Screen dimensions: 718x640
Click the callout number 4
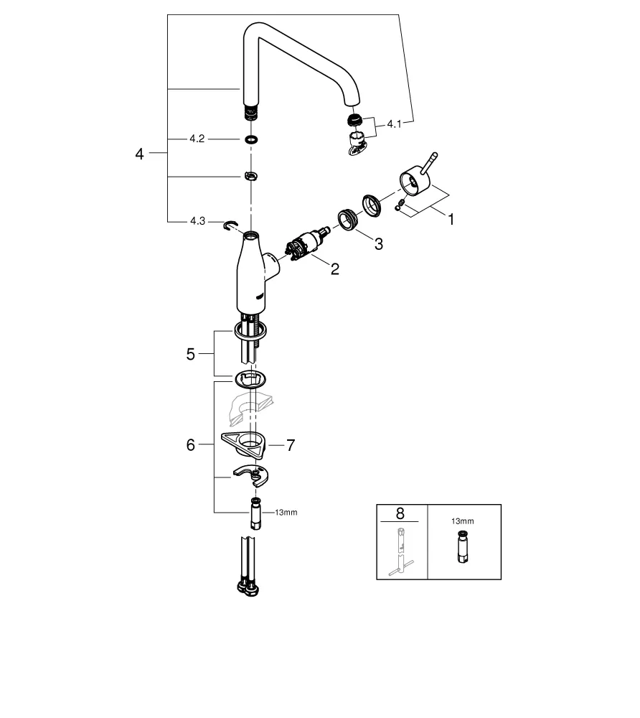(140, 154)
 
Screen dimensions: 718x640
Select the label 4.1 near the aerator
(395, 124)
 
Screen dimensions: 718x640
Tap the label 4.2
(197, 139)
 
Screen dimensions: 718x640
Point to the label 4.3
(197, 222)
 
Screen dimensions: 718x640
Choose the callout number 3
(377, 244)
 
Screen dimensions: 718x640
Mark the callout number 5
(191, 354)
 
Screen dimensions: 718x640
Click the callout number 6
(191, 445)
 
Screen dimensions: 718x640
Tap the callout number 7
(290, 445)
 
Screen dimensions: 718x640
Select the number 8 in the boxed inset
(400, 513)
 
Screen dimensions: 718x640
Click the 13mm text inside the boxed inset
(463, 523)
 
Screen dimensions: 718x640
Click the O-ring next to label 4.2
(250, 139)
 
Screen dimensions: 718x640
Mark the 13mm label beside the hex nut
(286, 512)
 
